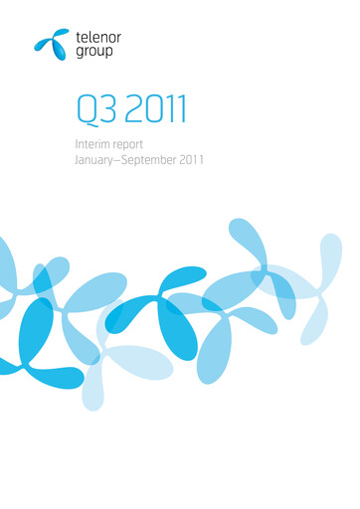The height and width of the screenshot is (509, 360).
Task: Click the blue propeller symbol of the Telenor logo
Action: coord(53,41)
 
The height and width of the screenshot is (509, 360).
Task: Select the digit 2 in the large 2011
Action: coord(130,109)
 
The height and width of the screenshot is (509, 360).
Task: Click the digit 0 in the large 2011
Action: coord(148,109)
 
